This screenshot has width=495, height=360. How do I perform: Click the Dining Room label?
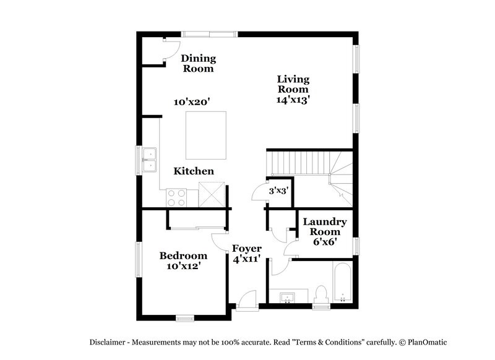click(199, 63)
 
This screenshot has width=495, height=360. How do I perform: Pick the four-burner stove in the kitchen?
click(177, 197)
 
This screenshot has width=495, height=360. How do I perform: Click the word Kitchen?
click(194, 171)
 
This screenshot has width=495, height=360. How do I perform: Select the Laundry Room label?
click(324, 226)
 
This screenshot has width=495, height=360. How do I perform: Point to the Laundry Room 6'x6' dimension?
click(324, 242)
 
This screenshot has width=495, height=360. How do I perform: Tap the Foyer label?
click(246, 249)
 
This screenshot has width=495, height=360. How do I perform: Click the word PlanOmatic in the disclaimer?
click(424, 342)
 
